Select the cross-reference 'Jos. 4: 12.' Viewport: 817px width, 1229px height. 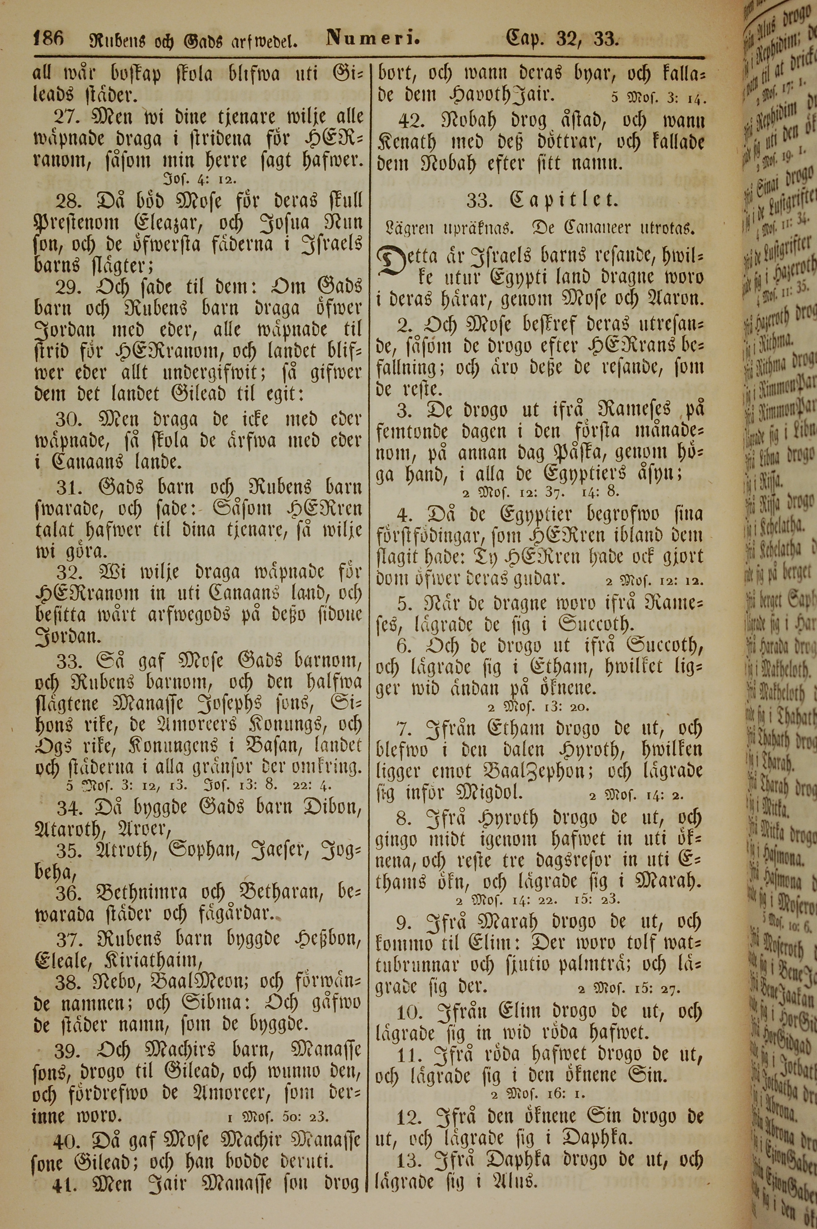193,180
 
